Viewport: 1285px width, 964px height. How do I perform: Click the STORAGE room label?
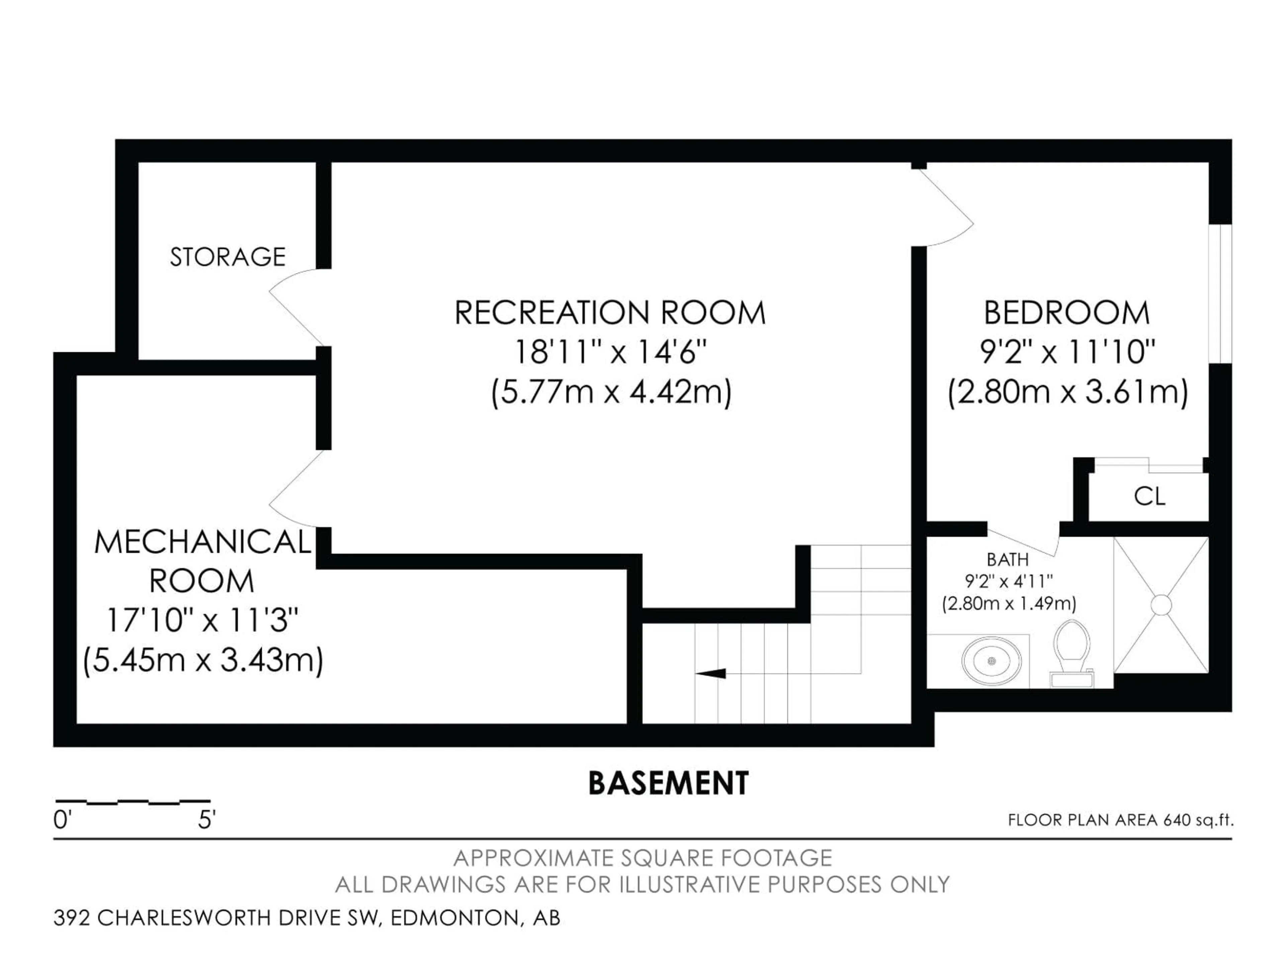[x=228, y=257]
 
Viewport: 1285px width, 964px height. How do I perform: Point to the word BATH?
[x=1008, y=560]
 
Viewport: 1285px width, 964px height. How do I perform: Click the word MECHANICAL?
[x=203, y=542]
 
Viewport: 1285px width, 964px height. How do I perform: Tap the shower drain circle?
[x=1161, y=605]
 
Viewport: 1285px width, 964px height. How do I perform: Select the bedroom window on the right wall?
[x=1220, y=294]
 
